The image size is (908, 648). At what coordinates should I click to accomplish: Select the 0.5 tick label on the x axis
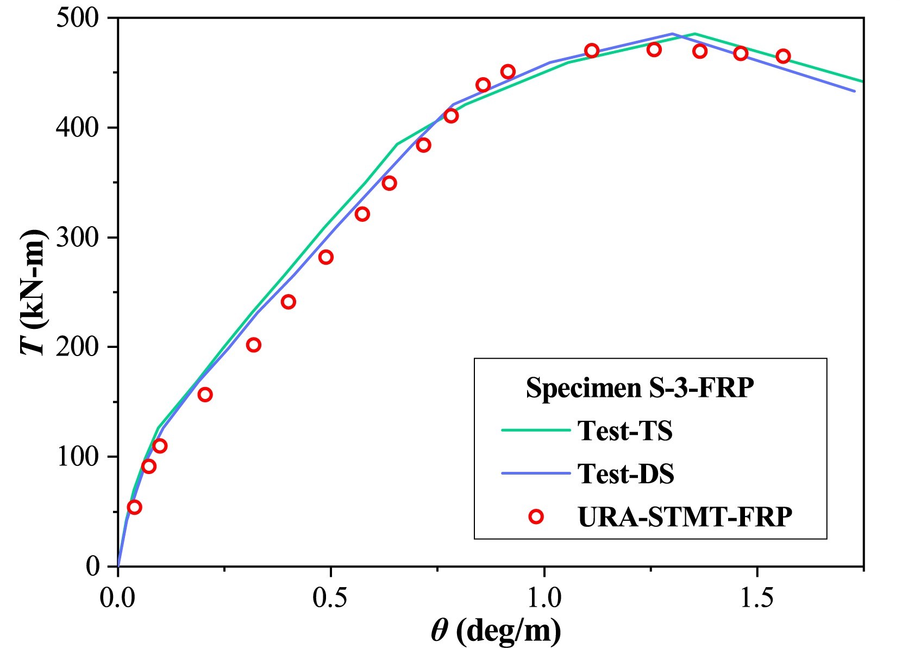click(x=330, y=598)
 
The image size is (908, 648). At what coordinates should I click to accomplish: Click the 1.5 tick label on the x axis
click(x=756, y=598)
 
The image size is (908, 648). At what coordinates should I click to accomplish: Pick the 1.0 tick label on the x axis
click(x=543, y=598)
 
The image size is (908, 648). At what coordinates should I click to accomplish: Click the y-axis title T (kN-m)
click(x=34, y=292)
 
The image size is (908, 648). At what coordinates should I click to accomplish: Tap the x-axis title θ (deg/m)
click(x=496, y=631)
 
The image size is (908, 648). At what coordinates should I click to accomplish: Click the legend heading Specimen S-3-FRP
click(x=640, y=388)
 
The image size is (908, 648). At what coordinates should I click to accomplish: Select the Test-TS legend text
click(x=625, y=431)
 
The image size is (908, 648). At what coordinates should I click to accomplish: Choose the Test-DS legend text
click(x=625, y=473)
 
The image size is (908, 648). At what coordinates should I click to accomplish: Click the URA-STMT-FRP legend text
click(x=685, y=516)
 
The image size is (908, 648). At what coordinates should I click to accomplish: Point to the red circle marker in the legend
click(x=536, y=516)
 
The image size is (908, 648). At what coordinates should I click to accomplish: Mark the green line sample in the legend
click(x=535, y=430)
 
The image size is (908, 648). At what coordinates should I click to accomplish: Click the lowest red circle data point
click(x=134, y=507)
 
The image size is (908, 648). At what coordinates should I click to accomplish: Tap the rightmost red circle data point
click(x=783, y=56)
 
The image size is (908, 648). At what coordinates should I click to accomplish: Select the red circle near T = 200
click(x=254, y=345)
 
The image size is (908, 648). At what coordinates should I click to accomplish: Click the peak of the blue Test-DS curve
click(x=673, y=34)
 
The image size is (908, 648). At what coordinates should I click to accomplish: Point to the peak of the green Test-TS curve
click(x=694, y=34)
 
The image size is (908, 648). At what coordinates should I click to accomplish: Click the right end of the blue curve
click(x=855, y=91)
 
